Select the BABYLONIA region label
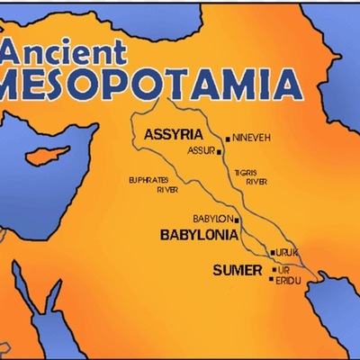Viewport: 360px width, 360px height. point(199,235)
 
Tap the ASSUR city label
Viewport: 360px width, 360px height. point(201,152)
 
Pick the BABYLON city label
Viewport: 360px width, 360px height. point(212,219)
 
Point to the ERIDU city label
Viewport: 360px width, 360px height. point(290,280)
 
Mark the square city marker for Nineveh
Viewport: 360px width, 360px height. point(229,138)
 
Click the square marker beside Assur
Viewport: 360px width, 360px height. point(219,152)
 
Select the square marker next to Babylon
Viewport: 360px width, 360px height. point(238,219)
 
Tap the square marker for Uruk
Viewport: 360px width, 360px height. point(273,253)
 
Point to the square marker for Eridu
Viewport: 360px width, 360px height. point(272,279)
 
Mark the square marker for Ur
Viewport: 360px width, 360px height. point(274,269)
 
